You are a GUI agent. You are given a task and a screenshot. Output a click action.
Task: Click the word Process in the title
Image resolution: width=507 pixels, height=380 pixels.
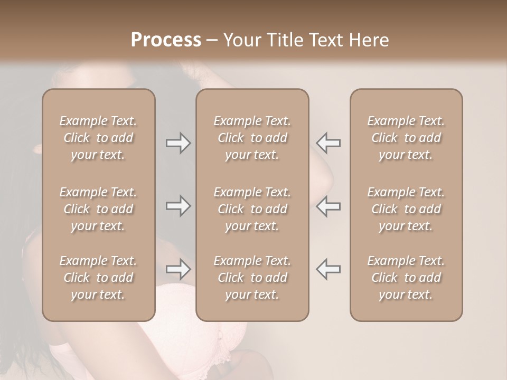click(x=166, y=40)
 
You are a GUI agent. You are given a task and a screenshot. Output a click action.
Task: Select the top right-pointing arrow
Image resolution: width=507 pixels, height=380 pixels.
click(x=178, y=143)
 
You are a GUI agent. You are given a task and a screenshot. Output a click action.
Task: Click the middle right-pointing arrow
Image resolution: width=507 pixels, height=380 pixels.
click(x=178, y=206)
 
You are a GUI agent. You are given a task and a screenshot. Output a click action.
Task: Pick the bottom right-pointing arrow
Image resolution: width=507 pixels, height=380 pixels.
click(x=178, y=269)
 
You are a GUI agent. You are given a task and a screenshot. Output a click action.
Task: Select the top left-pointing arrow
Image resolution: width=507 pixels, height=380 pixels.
click(x=328, y=143)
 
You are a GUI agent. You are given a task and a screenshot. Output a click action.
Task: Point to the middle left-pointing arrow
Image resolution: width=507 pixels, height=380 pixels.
click(x=328, y=206)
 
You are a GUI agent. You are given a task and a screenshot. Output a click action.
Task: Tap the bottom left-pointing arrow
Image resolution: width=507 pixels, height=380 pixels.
click(x=328, y=269)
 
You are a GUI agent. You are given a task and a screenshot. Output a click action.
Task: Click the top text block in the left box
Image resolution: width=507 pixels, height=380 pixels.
click(x=98, y=138)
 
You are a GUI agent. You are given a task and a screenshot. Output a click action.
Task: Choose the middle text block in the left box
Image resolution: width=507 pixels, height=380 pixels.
click(x=98, y=209)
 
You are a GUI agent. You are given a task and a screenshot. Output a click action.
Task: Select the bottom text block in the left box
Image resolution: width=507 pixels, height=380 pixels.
click(x=98, y=278)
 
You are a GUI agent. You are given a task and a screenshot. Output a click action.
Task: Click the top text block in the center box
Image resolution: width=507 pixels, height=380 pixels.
click(x=252, y=138)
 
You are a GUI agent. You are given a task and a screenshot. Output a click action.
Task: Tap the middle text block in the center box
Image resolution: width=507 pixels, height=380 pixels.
click(x=252, y=209)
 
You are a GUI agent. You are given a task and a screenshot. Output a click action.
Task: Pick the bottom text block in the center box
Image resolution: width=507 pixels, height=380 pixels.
click(x=252, y=278)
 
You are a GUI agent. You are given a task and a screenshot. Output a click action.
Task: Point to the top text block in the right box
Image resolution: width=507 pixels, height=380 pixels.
click(x=406, y=138)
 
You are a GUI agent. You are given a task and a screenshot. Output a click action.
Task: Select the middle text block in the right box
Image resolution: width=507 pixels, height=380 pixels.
click(x=406, y=209)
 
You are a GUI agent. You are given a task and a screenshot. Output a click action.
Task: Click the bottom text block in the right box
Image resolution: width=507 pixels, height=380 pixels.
click(x=406, y=278)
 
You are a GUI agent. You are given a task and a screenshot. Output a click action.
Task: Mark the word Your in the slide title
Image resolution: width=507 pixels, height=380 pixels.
click(x=242, y=40)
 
